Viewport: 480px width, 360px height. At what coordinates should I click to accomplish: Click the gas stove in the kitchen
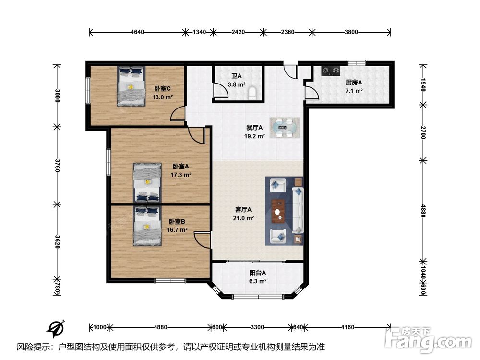(331, 71)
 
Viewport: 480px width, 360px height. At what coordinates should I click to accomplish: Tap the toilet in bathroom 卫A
(253, 93)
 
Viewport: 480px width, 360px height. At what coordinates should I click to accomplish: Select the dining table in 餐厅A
(284, 128)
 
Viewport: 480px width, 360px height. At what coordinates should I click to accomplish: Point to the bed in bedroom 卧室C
(131, 86)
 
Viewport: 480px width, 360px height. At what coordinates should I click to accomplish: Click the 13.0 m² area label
(163, 97)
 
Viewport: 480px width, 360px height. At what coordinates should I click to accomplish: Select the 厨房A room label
(354, 83)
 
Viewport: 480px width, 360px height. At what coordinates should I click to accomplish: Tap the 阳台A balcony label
(257, 273)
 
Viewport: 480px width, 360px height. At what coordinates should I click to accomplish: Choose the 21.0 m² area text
(243, 218)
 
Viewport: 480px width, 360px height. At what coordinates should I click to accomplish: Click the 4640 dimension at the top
(137, 32)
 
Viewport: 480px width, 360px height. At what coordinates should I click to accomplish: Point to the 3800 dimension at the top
(351, 32)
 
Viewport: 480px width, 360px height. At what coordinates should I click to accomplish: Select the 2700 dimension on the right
(423, 132)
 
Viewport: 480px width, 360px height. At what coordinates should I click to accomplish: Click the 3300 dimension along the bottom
(257, 327)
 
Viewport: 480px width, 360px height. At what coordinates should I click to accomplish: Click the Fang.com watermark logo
(429, 340)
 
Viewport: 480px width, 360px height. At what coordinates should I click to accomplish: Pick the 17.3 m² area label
(181, 175)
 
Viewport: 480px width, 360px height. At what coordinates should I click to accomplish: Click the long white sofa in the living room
(298, 210)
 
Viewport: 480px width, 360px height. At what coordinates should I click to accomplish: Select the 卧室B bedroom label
(177, 221)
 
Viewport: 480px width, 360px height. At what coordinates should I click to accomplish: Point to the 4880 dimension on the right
(423, 211)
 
